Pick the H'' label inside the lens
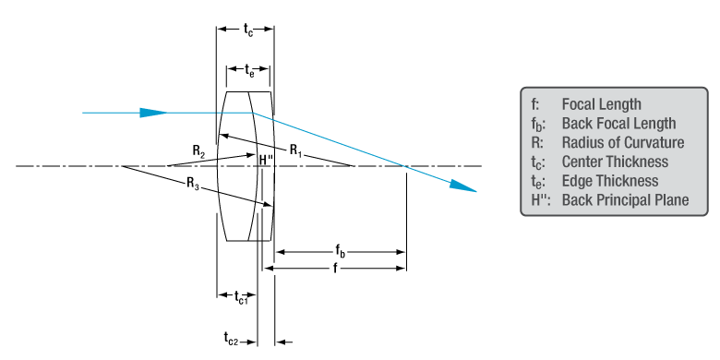[266, 160]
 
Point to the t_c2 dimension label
[232, 340]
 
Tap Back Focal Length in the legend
[618, 124]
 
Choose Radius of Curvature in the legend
[622, 142]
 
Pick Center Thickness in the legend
[614, 162]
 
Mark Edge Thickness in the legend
[609, 181]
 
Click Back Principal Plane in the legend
[625, 200]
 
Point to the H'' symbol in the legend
[541, 200]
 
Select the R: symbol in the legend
[539, 142]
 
